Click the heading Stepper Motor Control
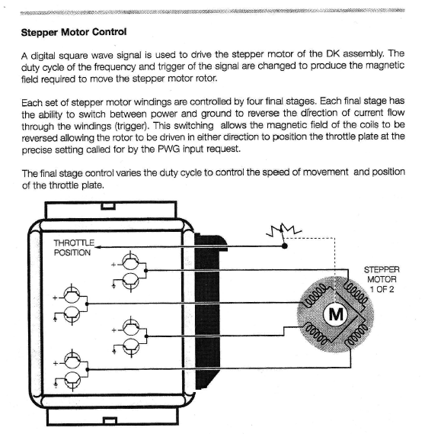click(x=74, y=32)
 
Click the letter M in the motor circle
click(x=336, y=314)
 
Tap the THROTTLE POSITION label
click(x=74, y=248)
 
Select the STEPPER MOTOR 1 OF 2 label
click(x=382, y=279)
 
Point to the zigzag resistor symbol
click(x=283, y=230)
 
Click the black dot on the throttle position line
click(x=284, y=246)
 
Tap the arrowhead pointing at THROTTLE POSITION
click(x=97, y=246)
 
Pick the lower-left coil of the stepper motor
click(x=316, y=333)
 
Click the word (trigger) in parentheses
click(x=131, y=126)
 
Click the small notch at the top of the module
click(x=108, y=206)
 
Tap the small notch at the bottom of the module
click(x=110, y=420)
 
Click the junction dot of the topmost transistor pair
click(x=146, y=271)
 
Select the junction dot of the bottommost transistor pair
click(x=88, y=369)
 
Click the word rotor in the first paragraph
click(x=206, y=79)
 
